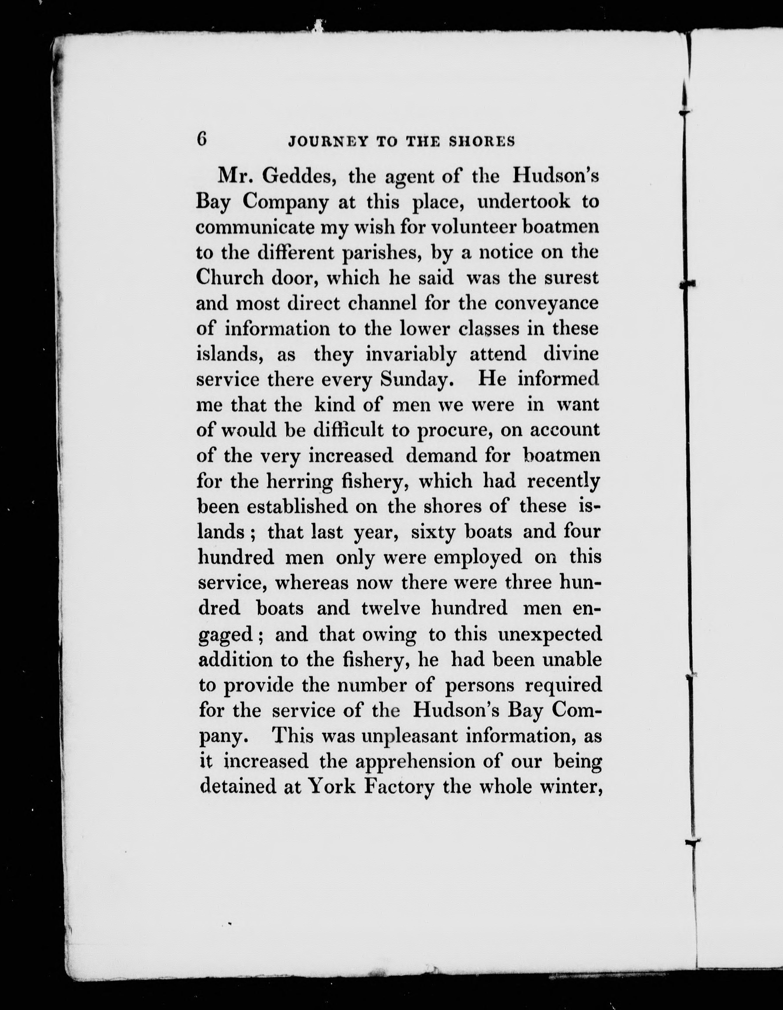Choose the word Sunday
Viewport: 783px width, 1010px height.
pos(415,380)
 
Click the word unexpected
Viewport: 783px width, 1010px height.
pos(550,634)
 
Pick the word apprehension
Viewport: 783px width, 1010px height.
pos(403,762)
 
